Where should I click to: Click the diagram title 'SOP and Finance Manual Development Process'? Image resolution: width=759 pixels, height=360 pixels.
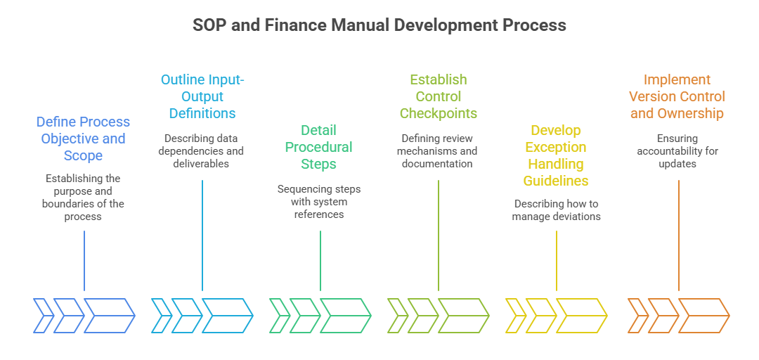379,25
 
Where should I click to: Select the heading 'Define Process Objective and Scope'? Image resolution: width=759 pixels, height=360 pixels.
83,139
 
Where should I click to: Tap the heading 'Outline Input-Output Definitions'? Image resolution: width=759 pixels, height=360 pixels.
202,96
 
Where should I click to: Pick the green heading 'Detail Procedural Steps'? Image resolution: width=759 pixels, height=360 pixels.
319,147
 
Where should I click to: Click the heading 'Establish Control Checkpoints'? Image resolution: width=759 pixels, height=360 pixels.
439,96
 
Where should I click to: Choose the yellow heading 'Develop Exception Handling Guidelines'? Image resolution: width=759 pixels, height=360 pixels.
556,155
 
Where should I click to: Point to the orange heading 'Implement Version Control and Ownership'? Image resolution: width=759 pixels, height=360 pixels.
677,96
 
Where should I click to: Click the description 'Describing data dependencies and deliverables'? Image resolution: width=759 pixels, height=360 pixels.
202,151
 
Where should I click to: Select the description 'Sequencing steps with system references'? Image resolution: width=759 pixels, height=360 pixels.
319,202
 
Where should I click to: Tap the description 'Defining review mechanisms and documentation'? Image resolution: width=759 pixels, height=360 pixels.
439,151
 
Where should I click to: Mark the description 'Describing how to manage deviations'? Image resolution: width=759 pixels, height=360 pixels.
556,210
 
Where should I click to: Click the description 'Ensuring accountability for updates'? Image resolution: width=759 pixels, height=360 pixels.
677,151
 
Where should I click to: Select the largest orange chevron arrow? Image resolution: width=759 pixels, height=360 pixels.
703,315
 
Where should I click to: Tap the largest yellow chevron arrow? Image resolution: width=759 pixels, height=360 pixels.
581,315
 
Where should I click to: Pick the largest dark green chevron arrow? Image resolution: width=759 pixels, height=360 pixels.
345,315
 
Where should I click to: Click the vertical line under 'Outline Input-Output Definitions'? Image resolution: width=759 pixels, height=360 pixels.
202,236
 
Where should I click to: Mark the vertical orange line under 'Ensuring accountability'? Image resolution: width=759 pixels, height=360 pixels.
678,236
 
